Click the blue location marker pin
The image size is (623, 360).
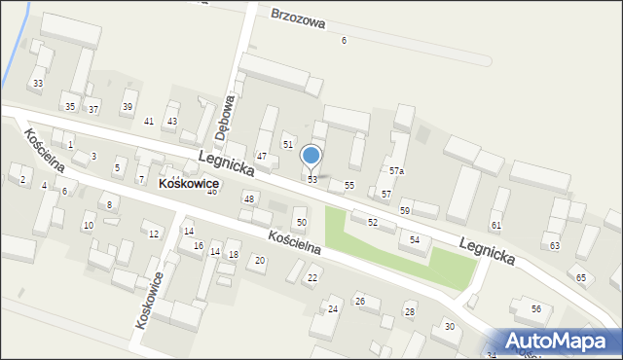[x=311, y=156]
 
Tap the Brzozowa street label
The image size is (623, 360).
[x=298, y=18]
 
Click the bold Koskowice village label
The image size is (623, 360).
[x=189, y=183]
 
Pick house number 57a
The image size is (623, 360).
[x=396, y=171]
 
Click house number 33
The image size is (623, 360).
[x=38, y=84]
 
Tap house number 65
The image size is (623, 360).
[x=581, y=278]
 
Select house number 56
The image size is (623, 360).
[x=535, y=308]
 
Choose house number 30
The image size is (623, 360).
[x=449, y=326]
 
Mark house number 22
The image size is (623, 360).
[x=312, y=278]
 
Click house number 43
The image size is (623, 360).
[x=172, y=121]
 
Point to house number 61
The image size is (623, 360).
[x=495, y=226]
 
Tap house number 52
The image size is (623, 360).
[x=372, y=223]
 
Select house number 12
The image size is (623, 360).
[x=154, y=234]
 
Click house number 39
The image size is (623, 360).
[x=127, y=107]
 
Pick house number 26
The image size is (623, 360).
[x=360, y=302]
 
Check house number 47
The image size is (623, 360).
[x=261, y=157]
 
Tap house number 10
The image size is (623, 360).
[x=88, y=226]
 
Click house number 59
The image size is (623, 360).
[x=405, y=211]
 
